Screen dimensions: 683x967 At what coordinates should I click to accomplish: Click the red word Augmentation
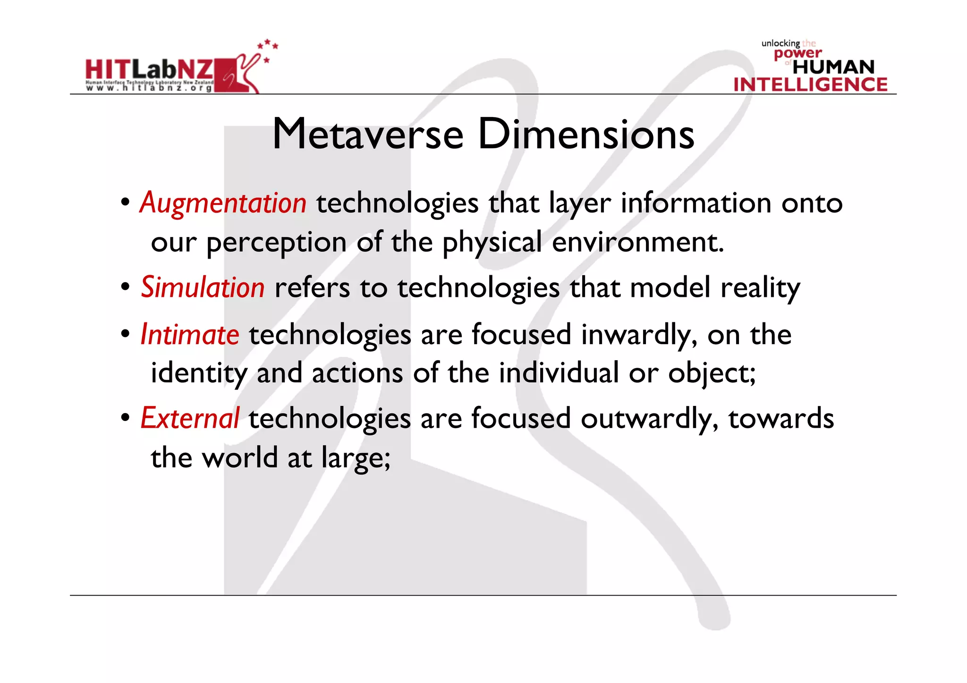pyautogui.click(x=223, y=203)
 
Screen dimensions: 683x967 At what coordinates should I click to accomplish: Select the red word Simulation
pyautogui.click(x=203, y=287)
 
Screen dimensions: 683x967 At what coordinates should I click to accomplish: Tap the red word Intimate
pyautogui.click(x=190, y=335)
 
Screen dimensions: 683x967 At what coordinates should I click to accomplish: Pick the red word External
pyautogui.click(x=190, y=418)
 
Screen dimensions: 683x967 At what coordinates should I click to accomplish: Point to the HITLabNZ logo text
pyautogui.click(x=149, y=70)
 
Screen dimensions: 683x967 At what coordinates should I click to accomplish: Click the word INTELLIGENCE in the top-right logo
pyautogui.click(x=810, y=84)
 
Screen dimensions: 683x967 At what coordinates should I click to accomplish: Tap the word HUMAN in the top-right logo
pyautogui.click(x=833, y=67)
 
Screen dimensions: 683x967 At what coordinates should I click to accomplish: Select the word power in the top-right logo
pyautogui.click(x=797, y=53)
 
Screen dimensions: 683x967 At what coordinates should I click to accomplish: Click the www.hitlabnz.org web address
pyautogui.click(x=149, y=88)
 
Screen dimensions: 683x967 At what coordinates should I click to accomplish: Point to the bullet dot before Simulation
pyautogui.click(x=125, y=287)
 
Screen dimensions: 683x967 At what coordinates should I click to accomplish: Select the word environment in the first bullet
pyautogui.click(x=637, y=242)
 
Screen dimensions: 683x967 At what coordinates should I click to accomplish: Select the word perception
pyautogui.click(x=277, y=243)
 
